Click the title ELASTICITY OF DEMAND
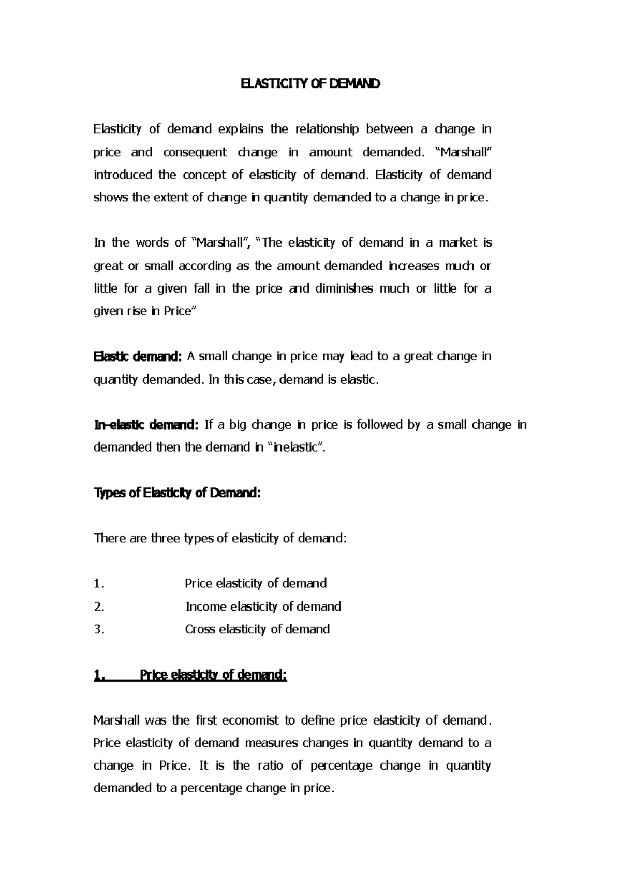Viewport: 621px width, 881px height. [x=310, y=84]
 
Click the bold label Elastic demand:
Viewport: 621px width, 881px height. [x=138, y=356]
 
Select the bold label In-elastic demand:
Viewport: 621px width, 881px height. [x=145, y=425]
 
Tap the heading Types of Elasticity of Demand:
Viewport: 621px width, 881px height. [x=177, y=493]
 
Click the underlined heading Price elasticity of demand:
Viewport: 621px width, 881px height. [x=213, y=675]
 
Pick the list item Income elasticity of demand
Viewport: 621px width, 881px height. [x=263, y=606]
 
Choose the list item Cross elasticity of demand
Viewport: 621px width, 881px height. [x=257, y=629]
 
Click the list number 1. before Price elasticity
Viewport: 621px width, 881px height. [x=99, y=584]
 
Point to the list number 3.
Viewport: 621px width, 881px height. [x=99, y=629]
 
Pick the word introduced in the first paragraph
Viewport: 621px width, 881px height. [x=123, y=175]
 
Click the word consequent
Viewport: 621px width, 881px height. [x=195, y=152]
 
